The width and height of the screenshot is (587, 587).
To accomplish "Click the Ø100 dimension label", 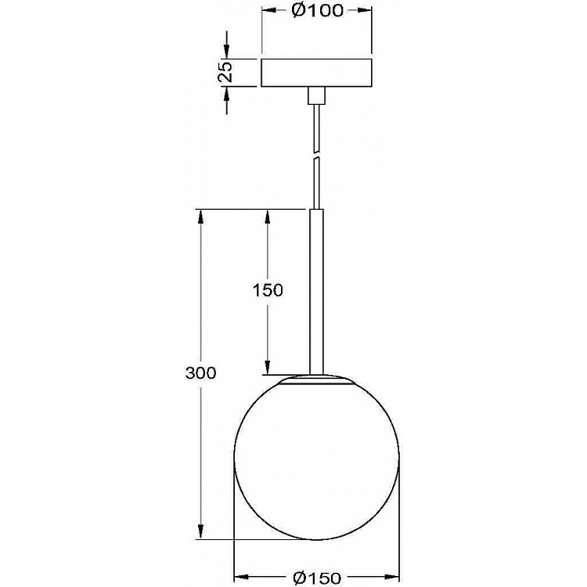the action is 316,11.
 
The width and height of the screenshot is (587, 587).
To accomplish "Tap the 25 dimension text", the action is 225,71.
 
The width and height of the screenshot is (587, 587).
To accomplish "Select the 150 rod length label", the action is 268,290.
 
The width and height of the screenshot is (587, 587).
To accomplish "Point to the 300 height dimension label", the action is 200,373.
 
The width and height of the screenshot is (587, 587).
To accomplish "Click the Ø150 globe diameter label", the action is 317,578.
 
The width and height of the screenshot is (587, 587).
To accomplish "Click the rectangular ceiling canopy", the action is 316,73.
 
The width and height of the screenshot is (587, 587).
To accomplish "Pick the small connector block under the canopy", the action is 316,95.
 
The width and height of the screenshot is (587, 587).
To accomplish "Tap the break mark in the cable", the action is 317,156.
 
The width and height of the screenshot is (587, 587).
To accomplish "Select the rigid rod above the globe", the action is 316,291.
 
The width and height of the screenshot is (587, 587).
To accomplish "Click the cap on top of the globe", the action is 317,380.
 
